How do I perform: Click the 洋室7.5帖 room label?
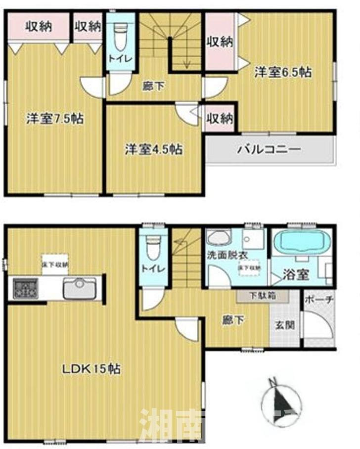[x=54, y=119]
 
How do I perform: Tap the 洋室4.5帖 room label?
[x=153, y=149]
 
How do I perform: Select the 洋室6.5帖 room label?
[x=283, y=72]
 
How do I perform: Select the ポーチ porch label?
[x=319, y=300]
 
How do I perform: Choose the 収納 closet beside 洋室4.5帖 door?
[x=220, y=118]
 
